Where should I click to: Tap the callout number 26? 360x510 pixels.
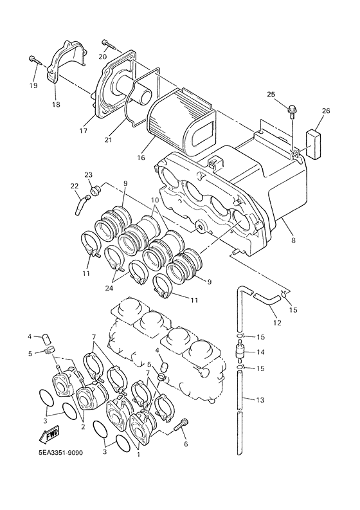coord(326,111)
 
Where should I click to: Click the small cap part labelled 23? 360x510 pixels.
coord(97,189)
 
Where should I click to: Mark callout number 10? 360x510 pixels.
coord(154,201)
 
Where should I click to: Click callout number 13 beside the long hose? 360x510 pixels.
coord(260,401)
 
